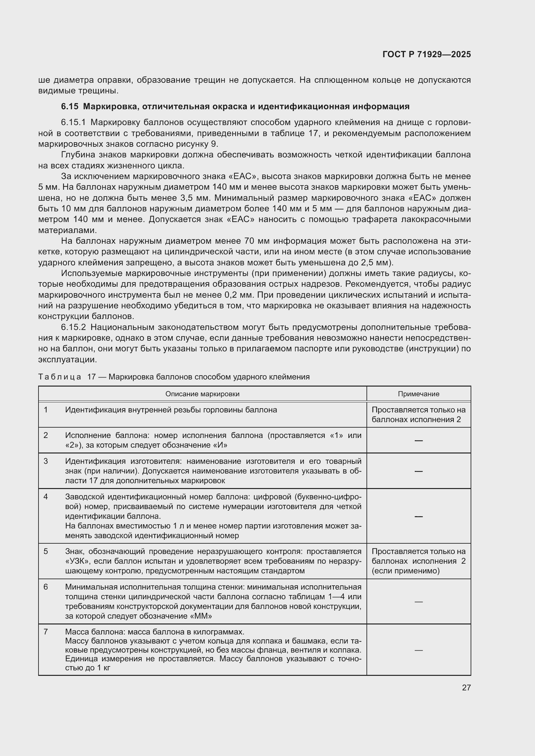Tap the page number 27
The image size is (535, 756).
pos(466,687)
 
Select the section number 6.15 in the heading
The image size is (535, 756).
pos(70,107)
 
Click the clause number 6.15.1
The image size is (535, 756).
pos(73,122)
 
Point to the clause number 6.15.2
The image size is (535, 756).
pos(73,327)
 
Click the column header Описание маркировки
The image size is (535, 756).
pos(202,394)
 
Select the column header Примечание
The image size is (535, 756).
pos(418,394)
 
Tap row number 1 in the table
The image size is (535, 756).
pos(46,410)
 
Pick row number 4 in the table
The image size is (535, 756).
pos(46,496)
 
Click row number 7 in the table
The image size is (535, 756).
pos(46,632)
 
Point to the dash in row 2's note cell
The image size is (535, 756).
pos(418,440)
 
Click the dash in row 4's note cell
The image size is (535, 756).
pos(418,516)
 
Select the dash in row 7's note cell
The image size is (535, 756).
pos(418,650)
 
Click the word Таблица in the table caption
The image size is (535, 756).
pos(60,377)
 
